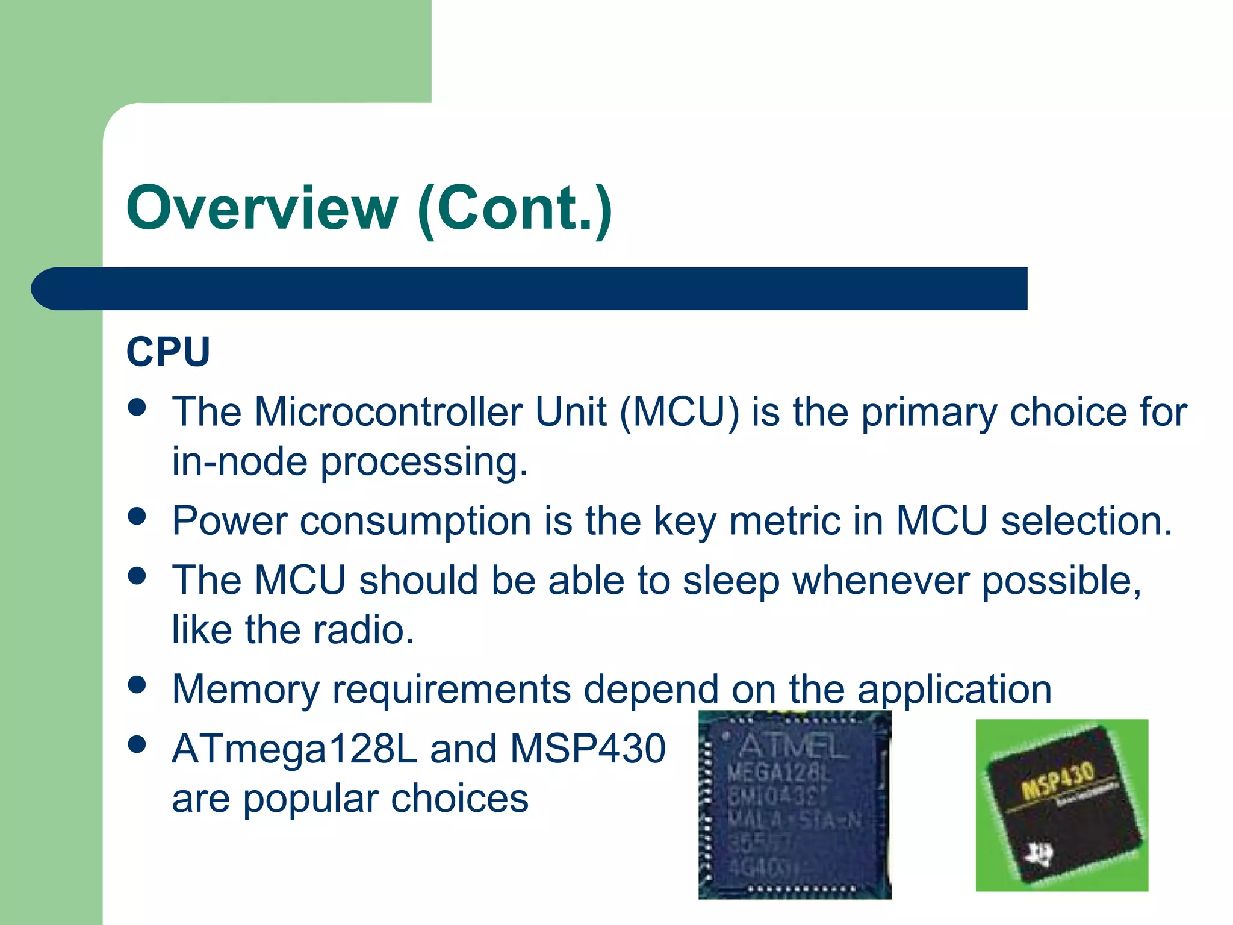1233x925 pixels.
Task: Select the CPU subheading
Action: click(x=168, y=352)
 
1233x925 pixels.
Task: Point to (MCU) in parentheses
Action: click(x=679, y=414)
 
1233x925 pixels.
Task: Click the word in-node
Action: click(x=239, y=462)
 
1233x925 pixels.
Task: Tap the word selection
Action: click(x=1087, y=521)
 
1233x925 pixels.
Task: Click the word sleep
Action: click(x=730, y=582)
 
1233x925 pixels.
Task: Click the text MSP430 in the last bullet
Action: click(x=588, y=749)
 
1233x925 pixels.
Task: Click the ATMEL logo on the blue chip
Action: click(x=792, y=746)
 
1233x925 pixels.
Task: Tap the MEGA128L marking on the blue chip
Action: click(x=780, y=773)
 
